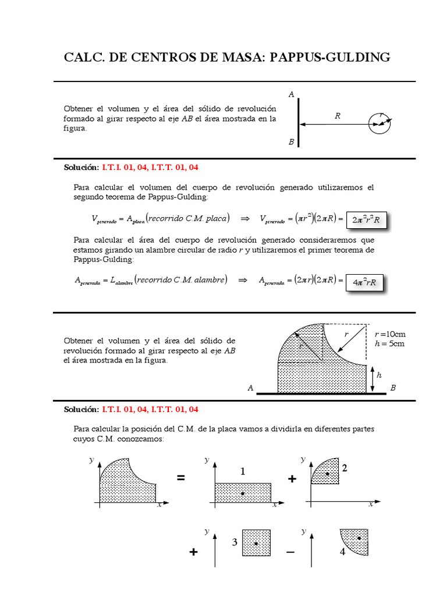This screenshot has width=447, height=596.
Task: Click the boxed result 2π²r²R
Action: coord(366,220)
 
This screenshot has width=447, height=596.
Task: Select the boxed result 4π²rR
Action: coord(366,282)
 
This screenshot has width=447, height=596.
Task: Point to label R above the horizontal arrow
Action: coord(337,116)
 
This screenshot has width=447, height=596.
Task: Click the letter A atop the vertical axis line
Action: coord(291,94)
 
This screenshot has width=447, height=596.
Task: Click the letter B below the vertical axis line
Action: coord(291,142)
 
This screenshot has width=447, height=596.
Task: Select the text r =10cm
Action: coord(390,334)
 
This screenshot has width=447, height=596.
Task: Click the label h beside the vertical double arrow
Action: coord(379,375)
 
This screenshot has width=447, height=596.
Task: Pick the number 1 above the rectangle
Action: coord(243,472)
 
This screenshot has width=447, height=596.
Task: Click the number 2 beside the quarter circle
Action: coord(345,468)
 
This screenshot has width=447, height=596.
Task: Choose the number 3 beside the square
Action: coord(234,542)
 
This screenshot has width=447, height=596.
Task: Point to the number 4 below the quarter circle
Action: coord(343,552)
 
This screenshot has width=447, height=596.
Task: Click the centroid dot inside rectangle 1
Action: coord(242,494)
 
